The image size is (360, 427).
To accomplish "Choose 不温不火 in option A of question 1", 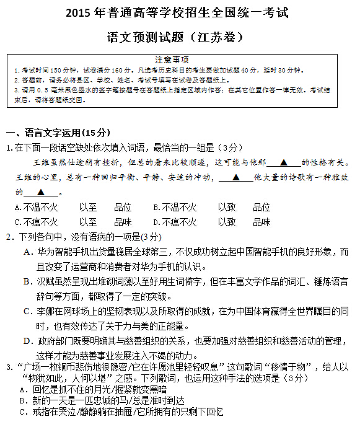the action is click(x=40, y=207).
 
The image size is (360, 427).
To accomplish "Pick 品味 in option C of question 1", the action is click(x=123, y=222).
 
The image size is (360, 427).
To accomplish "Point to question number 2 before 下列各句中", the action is click(x=9, y=237).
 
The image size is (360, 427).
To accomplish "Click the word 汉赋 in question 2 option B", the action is click(x=46, y=281).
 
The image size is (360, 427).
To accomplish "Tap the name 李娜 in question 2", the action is click(x=46, y=311).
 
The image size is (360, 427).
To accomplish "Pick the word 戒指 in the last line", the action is click(x=42, y=411).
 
